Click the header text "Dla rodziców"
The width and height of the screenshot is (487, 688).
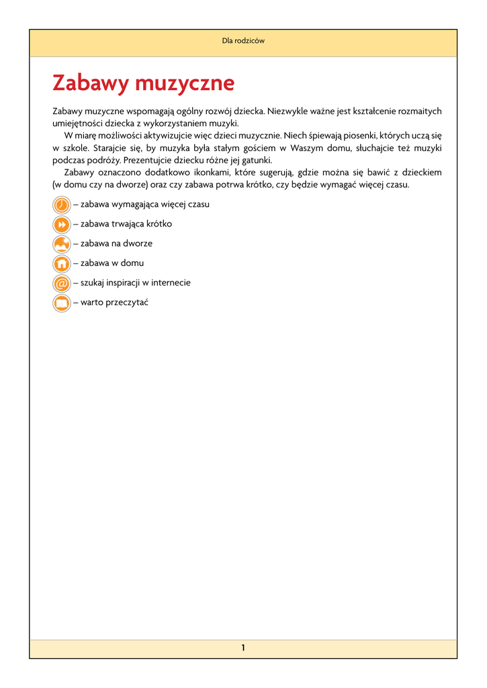click(243, 41)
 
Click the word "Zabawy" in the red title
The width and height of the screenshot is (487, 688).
click(90, 84)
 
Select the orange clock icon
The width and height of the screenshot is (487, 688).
click(61, 204)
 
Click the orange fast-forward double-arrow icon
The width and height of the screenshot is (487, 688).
click(61, 224)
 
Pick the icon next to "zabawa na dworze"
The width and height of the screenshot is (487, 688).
click(61, 244)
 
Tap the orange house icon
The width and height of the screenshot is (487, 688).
click(61, 263)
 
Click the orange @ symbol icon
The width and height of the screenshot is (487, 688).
click(61, 283)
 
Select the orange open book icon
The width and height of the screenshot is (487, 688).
click(61, 303)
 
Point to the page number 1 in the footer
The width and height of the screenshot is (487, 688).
click(243, 648)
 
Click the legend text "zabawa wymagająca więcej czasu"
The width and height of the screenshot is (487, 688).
click(144, 204)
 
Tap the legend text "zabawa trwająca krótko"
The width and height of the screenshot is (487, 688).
click(126, 224)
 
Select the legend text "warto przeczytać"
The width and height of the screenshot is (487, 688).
click(114, 302)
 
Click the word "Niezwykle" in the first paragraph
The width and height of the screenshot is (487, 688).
click(290, 111)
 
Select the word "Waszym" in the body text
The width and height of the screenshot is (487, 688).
click(305, 147)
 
